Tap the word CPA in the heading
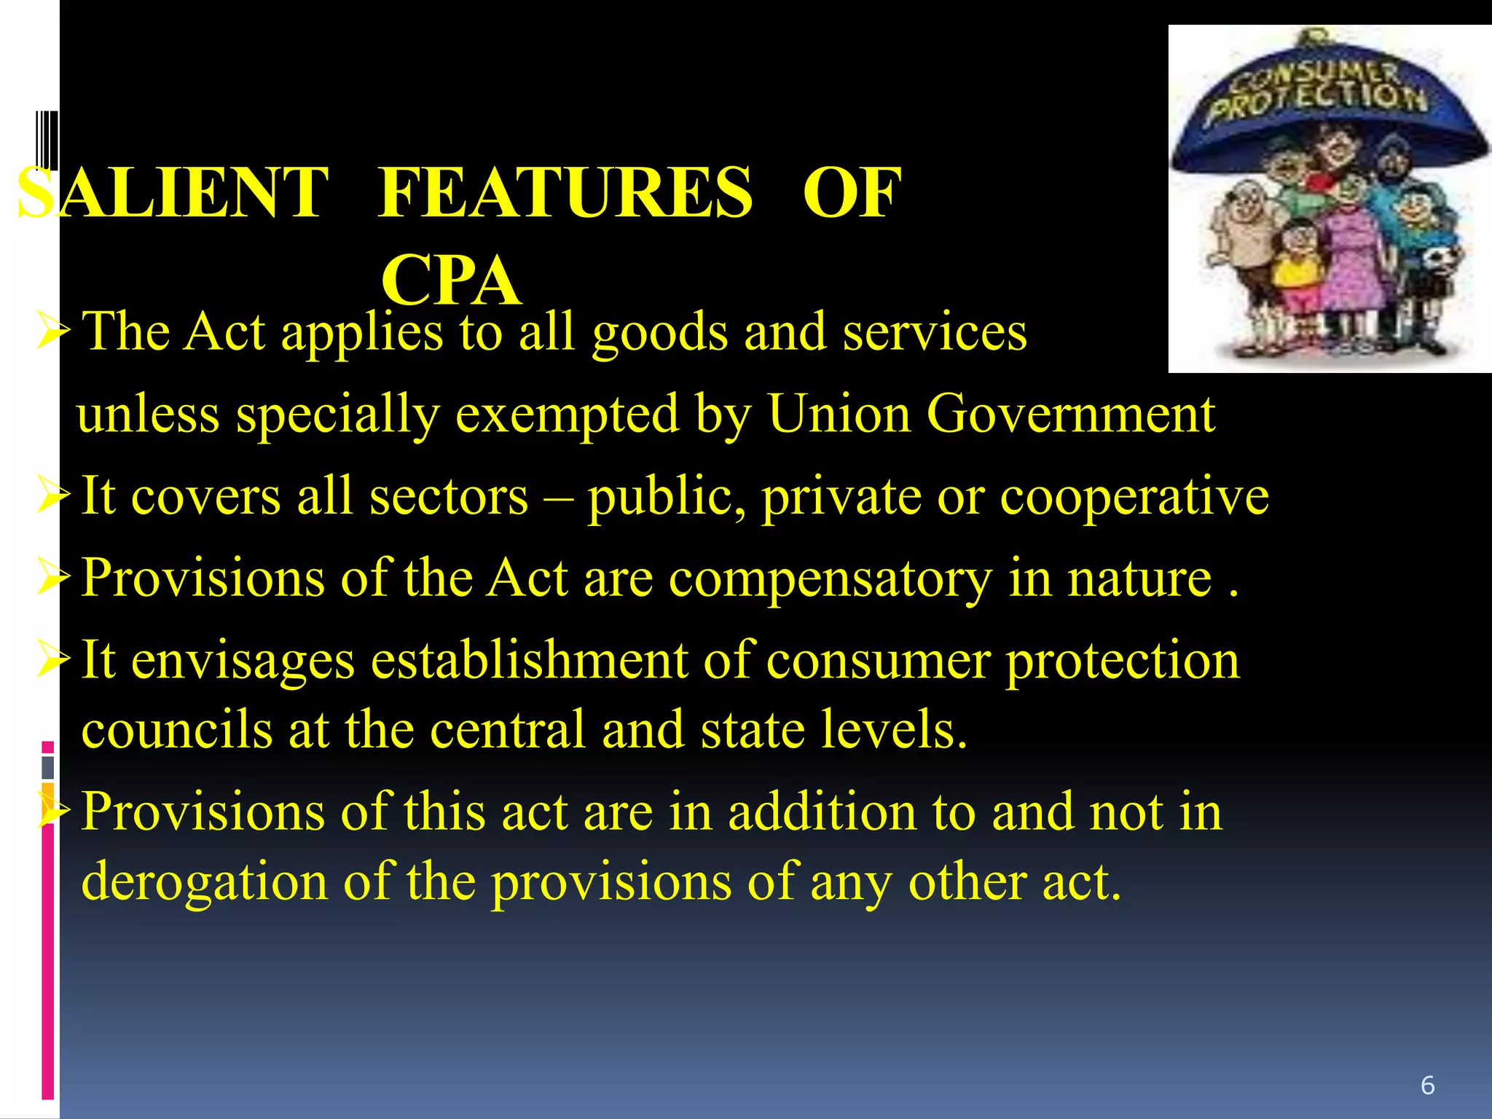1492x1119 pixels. [x=451, y=281]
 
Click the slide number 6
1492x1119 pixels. [x=1427, y=1085]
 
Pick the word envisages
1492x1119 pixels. [x=243, y=661]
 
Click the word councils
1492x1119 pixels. [x=177, y=729]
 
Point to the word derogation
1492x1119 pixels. [x=205, y=882]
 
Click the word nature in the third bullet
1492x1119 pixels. [x=1139, y=578]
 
